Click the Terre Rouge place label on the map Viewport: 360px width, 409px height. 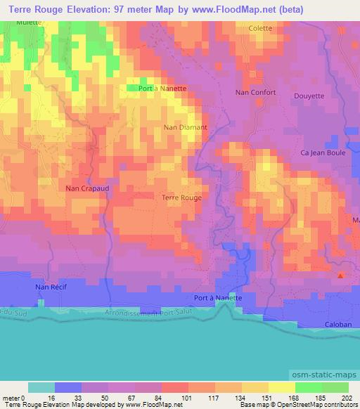point(181,197)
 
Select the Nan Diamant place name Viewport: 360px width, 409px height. point(185,127)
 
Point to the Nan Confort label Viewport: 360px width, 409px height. point(256,92)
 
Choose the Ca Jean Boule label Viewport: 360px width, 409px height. point(323,152)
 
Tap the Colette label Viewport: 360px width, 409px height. point(260,28)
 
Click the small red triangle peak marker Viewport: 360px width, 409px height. point(341,275)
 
